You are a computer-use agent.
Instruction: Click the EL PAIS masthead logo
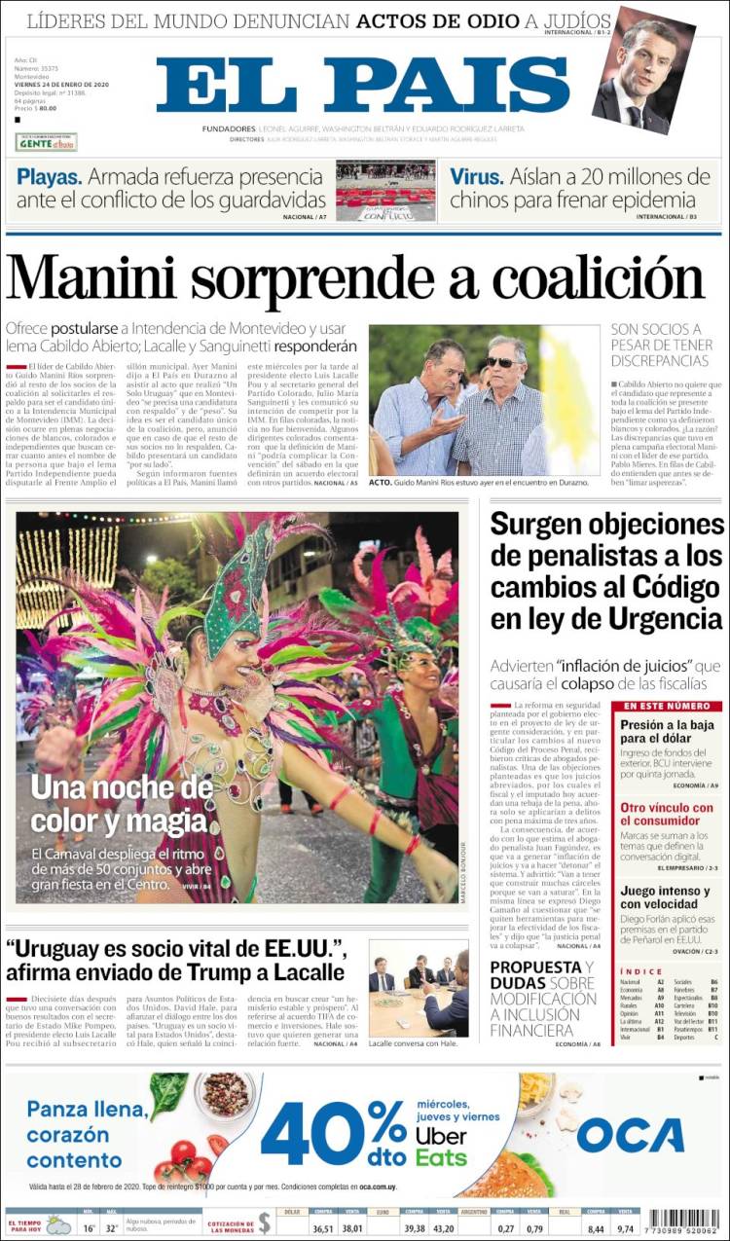(363, 86)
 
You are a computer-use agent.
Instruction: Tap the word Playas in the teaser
(48, 177)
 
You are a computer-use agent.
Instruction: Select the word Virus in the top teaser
(477, 177)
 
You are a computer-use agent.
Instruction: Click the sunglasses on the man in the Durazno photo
(503, 362)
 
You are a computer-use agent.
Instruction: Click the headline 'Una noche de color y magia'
(122, 803)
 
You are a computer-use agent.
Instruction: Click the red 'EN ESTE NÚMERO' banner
(668, 706)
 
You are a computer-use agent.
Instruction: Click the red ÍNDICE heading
(641, 971)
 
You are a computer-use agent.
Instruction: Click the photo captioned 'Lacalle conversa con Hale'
(419, 987)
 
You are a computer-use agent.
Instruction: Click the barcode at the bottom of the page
(682, 1223)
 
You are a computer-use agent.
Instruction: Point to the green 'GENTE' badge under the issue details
(46, 142)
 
